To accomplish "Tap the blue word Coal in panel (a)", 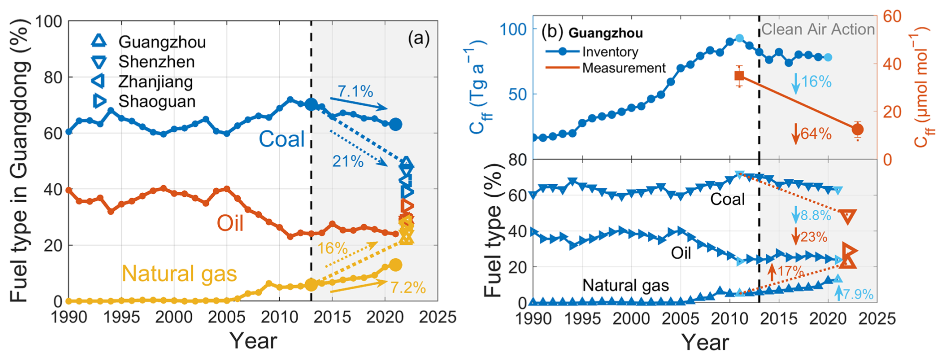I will [281, 139].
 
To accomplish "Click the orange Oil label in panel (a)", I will [230, 223].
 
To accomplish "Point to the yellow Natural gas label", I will [179, 274].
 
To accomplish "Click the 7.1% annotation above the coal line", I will [355, 91].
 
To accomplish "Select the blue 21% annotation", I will [348, 161].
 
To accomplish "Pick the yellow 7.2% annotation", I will [408, 288].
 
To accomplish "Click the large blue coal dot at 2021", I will [396, 124].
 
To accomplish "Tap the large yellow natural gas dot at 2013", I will [311, 285].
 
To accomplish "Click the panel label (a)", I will [419, 38].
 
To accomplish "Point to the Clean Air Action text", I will [818, 29].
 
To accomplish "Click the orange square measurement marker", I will [739, 76].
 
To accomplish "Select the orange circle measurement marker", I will [858, 130].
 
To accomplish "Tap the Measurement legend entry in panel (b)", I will [624, 68].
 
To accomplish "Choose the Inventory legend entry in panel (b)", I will [610, 52].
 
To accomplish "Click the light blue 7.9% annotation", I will [858, 294].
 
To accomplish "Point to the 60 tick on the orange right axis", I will [892, 16].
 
